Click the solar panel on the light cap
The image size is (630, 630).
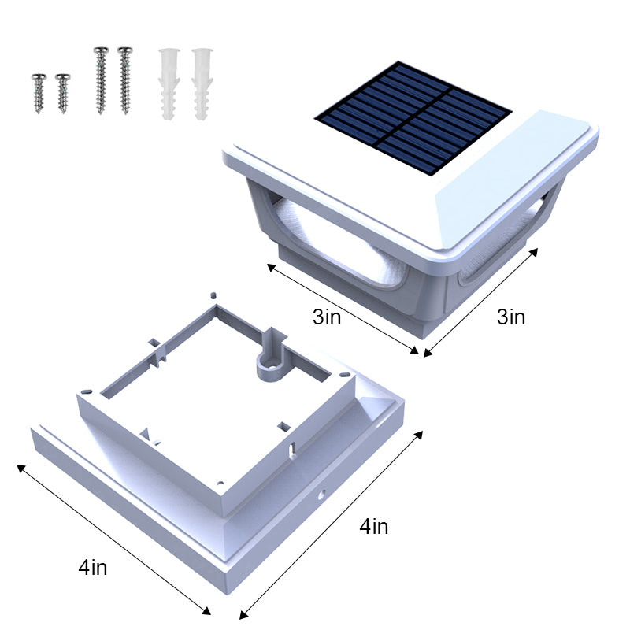click(413, 120)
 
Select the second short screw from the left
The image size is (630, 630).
click(62, 92)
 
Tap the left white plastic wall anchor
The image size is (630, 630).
click(168, 83)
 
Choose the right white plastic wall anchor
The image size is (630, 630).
click(201, 83)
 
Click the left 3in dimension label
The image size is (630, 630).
click(326, 317)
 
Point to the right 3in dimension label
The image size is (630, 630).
click(510, 317)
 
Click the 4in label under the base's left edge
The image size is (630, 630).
click(93, 566)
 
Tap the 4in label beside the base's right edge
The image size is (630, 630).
click(373, 527)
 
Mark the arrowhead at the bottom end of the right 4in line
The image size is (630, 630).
click(243, 615)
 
